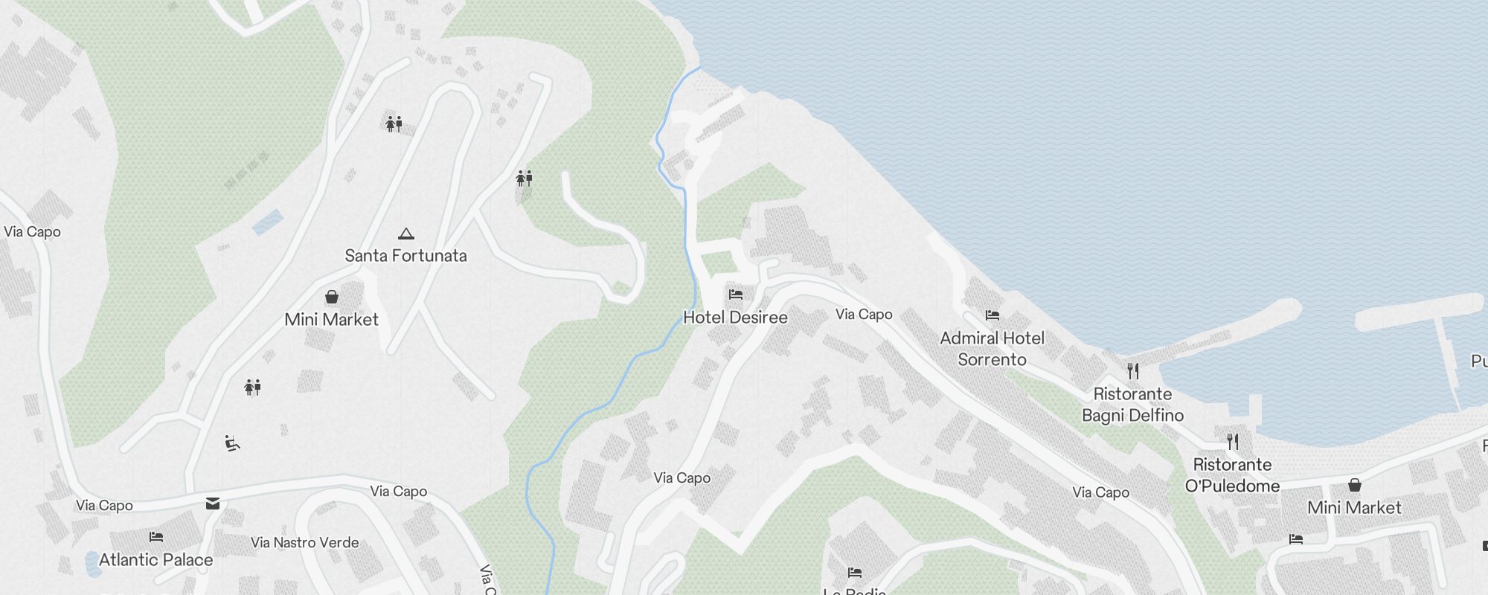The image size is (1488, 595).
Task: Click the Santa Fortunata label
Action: coord(405,256)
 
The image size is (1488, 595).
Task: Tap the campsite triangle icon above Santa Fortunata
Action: coord(405,234)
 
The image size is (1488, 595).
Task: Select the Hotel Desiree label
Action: coord(735,318)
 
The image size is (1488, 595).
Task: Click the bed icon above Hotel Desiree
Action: coord(736,295)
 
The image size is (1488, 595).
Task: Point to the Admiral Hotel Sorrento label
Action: coord(992,349)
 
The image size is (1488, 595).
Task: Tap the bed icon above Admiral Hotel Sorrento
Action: coord(992,315)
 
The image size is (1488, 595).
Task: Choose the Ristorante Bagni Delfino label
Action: coord(1132,405)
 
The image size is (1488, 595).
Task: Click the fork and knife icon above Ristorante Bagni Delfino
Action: coord(1133,370)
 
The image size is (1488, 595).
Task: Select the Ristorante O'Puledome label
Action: coord(1232,475)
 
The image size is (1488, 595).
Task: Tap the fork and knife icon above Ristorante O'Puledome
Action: coord(1233,442)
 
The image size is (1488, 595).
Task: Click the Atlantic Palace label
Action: coord(155,560)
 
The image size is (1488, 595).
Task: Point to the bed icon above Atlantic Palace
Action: coord(156,536)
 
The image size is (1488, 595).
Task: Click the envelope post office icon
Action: coord(213,504)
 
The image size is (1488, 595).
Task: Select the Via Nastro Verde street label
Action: coord(305,543)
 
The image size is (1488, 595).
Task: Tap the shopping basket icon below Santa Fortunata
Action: coord(332,297)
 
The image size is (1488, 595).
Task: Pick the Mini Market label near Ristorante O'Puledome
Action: coord(1354,508)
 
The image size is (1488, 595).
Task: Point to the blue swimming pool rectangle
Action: coord(268,222)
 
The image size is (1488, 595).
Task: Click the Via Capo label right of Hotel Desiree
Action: coord(864,315)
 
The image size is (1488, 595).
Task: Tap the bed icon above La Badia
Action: coord(855,573)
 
